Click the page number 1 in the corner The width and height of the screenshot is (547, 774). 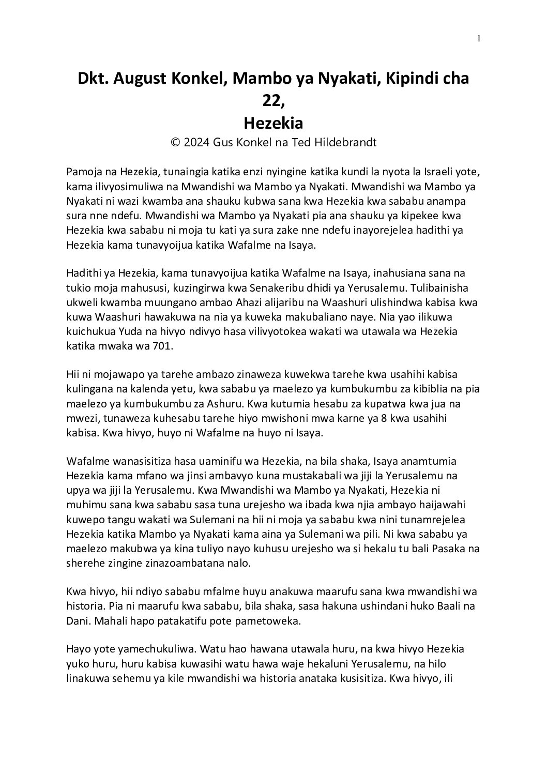point(479,38)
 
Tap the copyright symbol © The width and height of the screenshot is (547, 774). point(175,143)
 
